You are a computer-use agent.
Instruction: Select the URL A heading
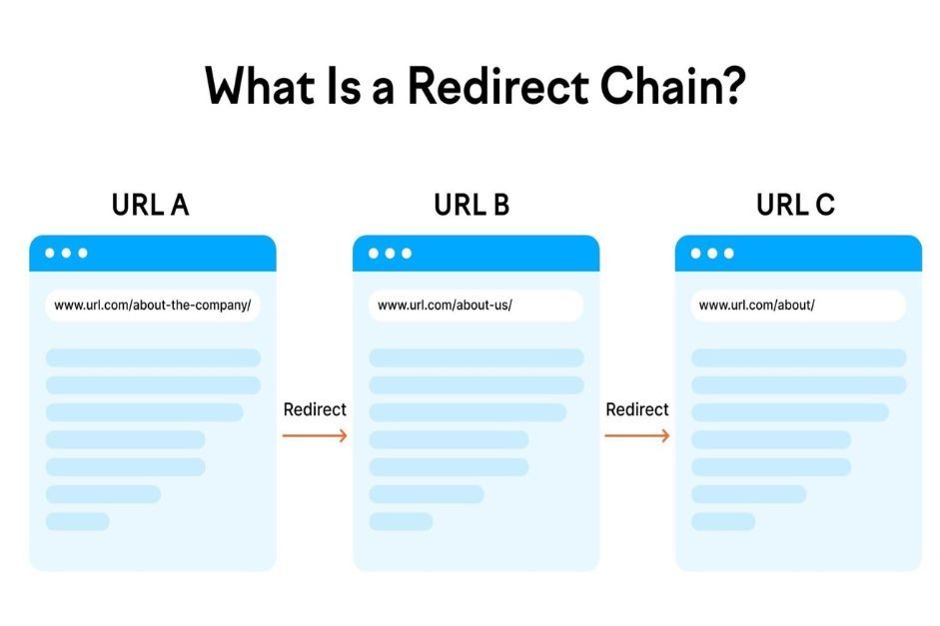[151, 206]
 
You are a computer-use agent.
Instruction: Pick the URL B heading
[471, 206]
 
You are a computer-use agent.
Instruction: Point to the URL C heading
[795, 206]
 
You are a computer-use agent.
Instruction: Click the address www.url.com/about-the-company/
[152, 306]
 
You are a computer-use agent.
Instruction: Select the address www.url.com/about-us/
[445, 306]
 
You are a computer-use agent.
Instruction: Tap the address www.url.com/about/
[756, 306]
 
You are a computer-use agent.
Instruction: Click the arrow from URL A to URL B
[315, 435]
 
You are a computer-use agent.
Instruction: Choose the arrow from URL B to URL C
[637, 435]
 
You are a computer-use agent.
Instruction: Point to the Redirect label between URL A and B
[315, 409]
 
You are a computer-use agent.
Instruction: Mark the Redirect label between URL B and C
[637, 409]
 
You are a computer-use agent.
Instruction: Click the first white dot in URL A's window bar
[49, 253]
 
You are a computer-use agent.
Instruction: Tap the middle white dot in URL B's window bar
[390, 253]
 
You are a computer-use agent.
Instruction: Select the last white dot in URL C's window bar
[729, 253]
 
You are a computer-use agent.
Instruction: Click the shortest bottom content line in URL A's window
[77, 521]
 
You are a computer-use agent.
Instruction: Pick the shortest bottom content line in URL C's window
[723, 521]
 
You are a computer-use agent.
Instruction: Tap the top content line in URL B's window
[475, 357]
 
